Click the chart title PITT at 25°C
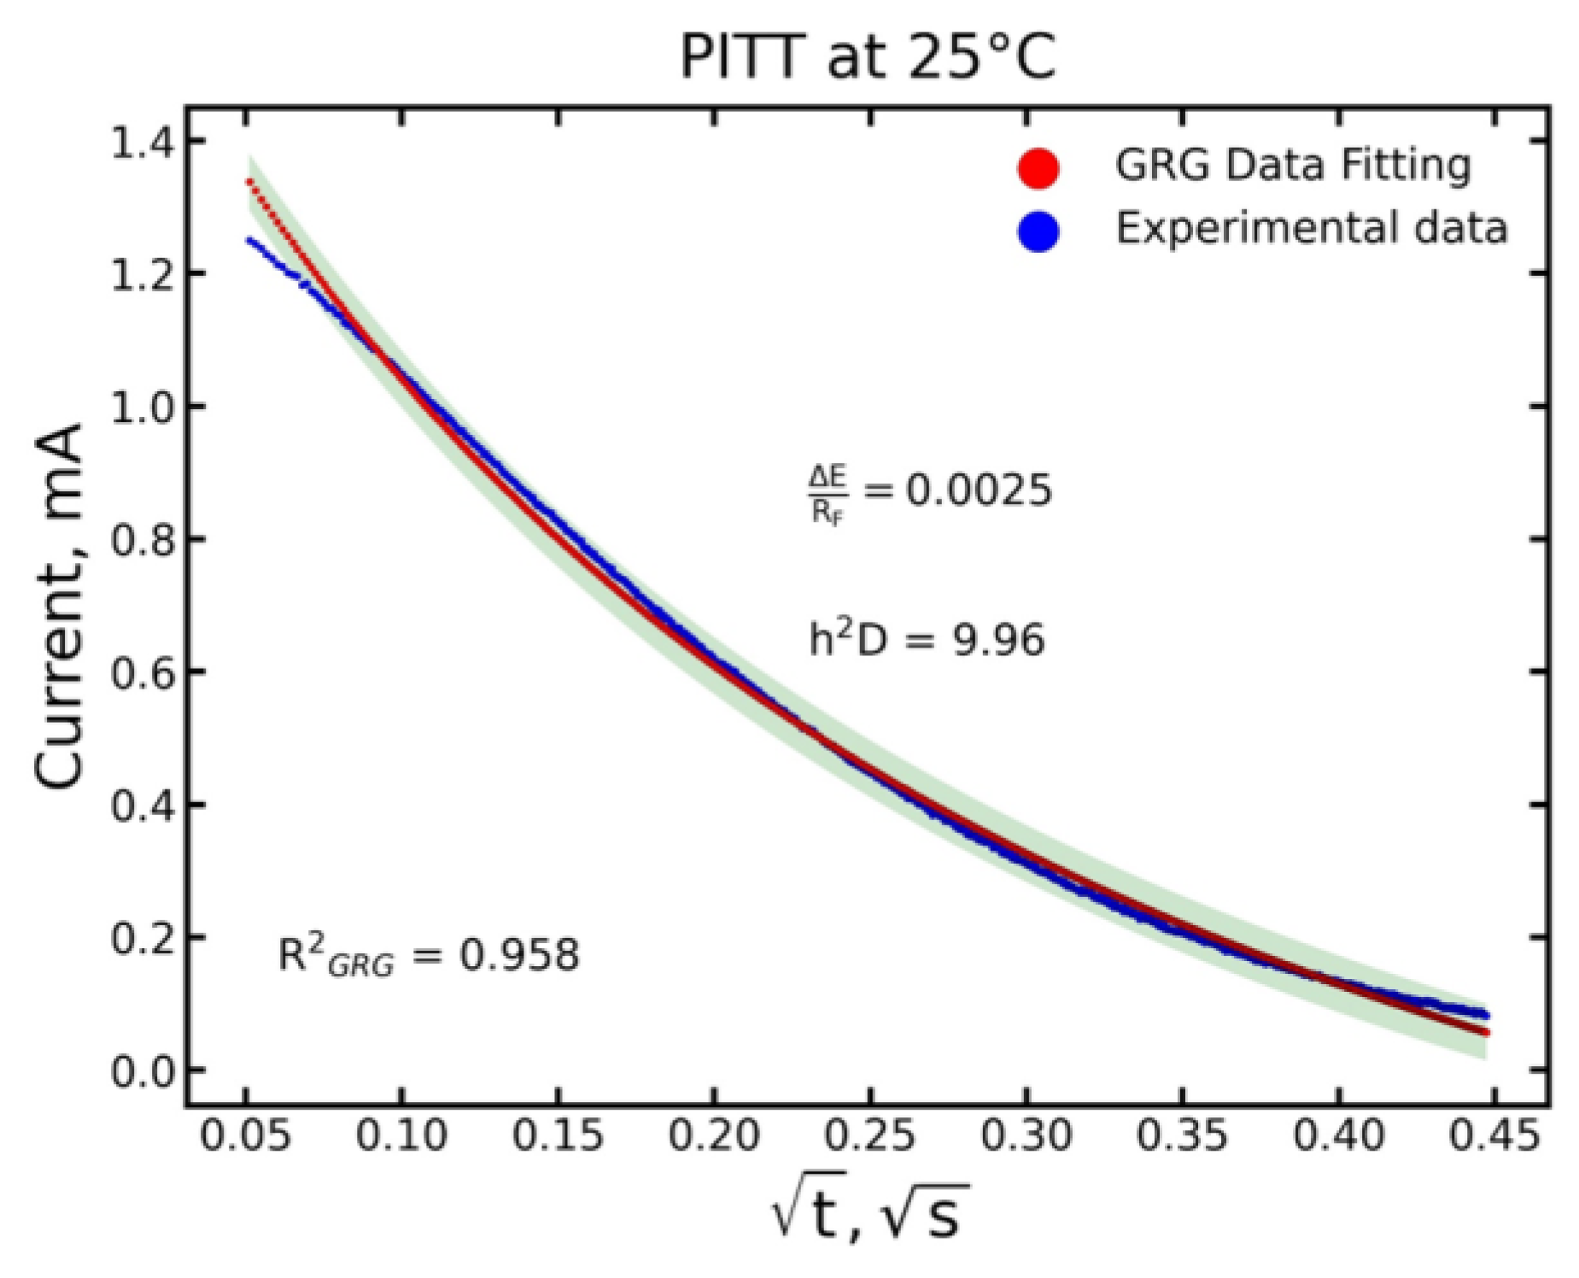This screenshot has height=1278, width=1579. pos(867,58)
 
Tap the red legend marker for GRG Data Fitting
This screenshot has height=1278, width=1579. pos(1038,167)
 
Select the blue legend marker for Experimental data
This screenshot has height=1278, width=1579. pos(1038,232)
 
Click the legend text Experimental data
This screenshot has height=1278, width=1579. pos(1312,229)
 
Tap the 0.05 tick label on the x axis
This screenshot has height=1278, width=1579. pos(246,1137)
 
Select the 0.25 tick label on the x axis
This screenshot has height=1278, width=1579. pos(869,1137)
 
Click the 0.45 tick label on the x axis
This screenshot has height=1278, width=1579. pos(1494,1137)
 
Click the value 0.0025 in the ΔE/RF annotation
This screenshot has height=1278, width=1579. pos(979,491)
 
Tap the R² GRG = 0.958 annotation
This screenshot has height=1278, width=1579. pos(429,956)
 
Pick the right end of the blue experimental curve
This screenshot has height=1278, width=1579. pos(1487,1015)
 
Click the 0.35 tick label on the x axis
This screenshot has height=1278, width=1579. pos(1182,1137)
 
